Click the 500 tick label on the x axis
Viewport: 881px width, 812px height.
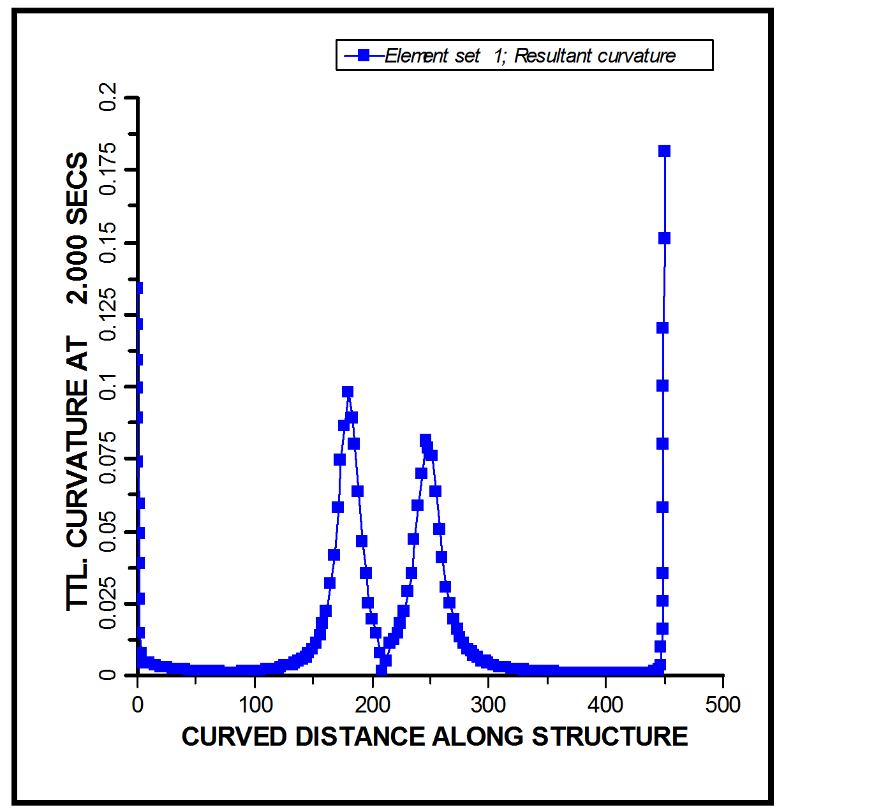pos(723,705)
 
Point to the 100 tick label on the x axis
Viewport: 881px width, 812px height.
pos(255,705)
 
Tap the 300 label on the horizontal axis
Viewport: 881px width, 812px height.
pos(489,705)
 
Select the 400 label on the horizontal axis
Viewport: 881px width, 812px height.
pos(605,705)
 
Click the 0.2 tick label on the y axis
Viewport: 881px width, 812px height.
pos(108,96)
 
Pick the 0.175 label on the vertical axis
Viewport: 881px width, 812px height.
pos(108,169)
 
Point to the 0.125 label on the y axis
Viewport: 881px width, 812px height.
pos(108,314)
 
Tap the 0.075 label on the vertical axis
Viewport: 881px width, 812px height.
pos(108,458)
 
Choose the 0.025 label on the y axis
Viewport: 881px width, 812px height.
pos(108,603)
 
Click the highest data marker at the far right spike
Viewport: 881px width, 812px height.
pos(664,151)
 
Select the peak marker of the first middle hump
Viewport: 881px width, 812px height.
pos(348,392)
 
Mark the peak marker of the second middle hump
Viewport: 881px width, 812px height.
pos(426,439)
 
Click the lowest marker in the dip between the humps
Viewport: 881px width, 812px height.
pos(381,670)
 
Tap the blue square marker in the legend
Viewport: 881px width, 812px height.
pos(364,55)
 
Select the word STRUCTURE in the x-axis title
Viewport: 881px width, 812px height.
pos(610,737)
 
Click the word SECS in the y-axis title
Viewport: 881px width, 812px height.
pos(78,188)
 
